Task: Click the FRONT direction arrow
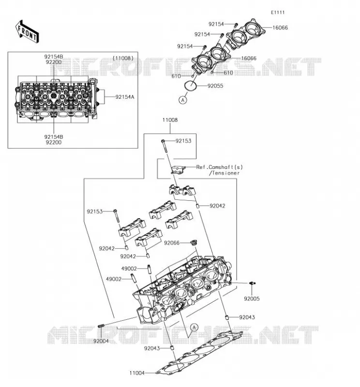click(x=27, y=32)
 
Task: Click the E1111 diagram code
click(x=278, y=13)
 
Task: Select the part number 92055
click(x=215, y=86)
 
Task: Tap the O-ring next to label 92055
click(x=191, y=85)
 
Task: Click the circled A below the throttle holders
click(x=183, y=100)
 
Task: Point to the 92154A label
click(x=125, y=97)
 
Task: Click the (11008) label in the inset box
click(x=123, y=58)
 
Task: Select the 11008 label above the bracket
click(x=170, y=120)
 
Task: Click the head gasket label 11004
click(x=137, y=373)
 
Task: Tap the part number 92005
click(x=252, y=298)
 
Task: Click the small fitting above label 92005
click(x=252, y=283)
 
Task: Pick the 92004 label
click(x=101, y=341)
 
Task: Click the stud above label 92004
click(x=101, y=326)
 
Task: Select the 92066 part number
click(x=172, y=243)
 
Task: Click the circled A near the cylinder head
click(x=195, y=327)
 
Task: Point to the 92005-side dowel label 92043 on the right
click(x=247, y=317)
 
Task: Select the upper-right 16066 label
click(x=280, y=28)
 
